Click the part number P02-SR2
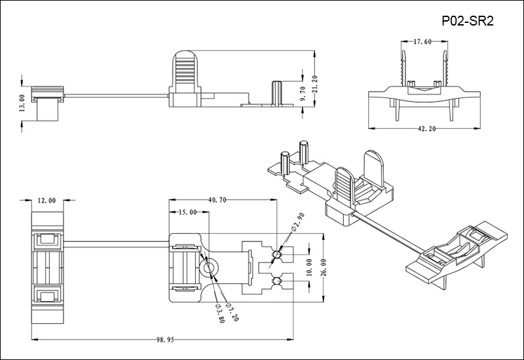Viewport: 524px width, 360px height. [468, 21]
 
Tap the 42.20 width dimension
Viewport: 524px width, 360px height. [426, 129]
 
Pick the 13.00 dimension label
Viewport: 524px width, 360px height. [22, 103]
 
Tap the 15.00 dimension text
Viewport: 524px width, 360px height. [187, 213]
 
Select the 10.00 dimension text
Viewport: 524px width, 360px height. [309, 268]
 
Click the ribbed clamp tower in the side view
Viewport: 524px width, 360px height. [184, 75]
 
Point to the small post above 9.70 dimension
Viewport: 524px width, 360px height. [276, 91]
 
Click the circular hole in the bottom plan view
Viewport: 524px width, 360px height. [211, 268]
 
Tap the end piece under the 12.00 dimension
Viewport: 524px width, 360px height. [47, 268]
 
